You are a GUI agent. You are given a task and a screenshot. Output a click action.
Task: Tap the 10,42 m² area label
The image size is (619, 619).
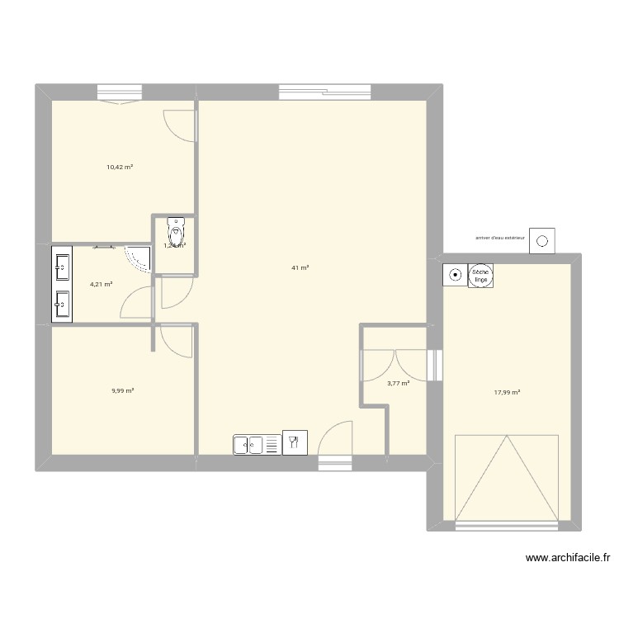(x=120, y=167)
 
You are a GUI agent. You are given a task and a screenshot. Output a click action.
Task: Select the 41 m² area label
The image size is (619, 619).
(x=300, y=267)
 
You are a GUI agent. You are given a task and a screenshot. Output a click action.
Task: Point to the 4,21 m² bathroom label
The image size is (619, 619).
(x=101, y=284)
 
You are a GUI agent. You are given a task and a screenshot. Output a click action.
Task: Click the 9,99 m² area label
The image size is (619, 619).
(x=123, y=391)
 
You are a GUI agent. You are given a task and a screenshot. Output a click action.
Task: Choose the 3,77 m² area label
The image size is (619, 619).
(x=399, y=383)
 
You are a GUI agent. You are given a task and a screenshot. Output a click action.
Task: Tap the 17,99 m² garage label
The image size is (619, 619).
(x=507, y=393)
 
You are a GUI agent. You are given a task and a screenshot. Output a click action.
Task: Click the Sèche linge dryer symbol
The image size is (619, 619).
(x=480, y=276)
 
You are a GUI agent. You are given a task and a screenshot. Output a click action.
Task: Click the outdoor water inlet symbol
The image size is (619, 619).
(x=542, y=241)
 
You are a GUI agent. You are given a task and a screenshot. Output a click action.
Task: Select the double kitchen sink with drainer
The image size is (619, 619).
(x=256, y=445)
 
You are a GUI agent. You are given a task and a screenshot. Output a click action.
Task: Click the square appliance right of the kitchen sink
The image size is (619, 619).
(x=293, y=442)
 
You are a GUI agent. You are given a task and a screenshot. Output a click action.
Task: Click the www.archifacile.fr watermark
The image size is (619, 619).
(x=569, y=559)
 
